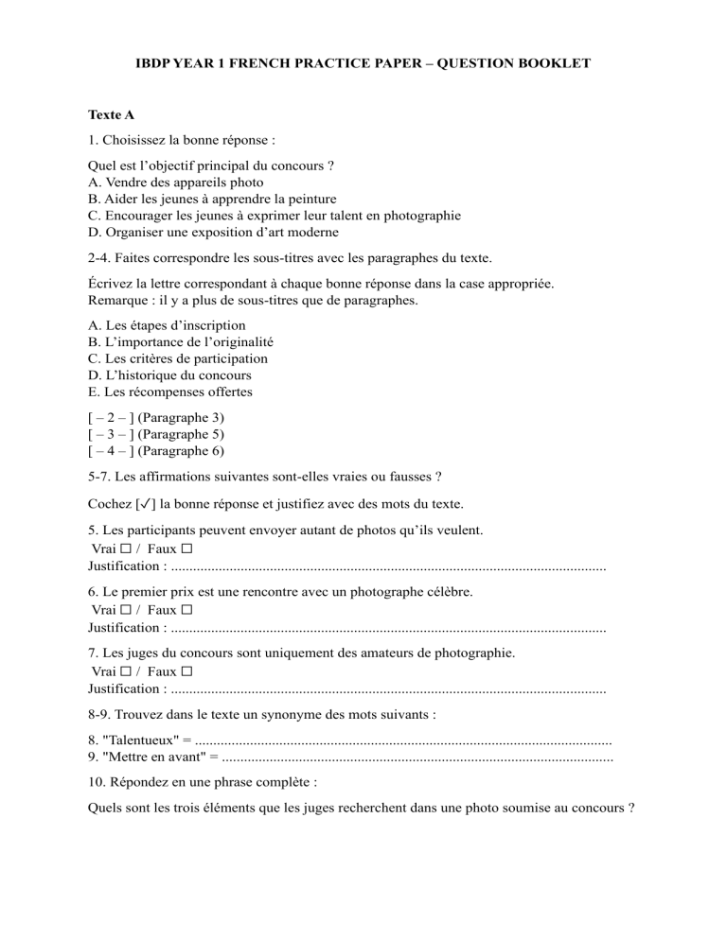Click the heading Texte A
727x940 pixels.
pos(111,115)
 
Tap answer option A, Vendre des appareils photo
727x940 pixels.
pos(176,182)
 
